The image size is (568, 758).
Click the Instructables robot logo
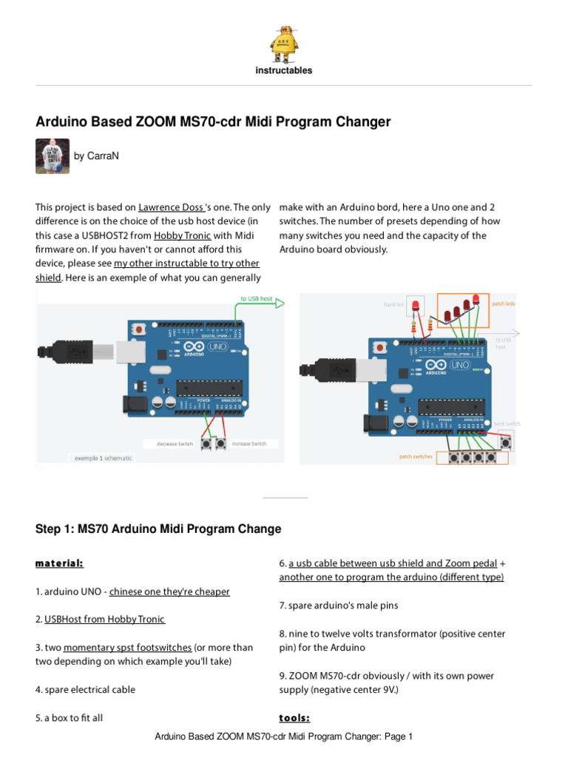pos(284,43)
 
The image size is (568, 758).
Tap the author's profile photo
pos(53,156)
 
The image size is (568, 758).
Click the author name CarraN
pos(96,156)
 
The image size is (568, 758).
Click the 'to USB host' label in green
pos(256,299)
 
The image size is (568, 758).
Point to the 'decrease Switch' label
pos(175,443)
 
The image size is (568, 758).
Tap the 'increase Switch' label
pos(249,443)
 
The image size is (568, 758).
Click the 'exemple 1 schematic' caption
pos(104,458)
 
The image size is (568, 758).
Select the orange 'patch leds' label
pos(503,304)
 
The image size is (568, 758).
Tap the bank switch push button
pos(506,442)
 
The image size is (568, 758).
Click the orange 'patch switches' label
pos(416,457)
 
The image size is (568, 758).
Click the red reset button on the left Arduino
pos(140,327)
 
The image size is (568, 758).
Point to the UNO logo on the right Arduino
pos(460,364)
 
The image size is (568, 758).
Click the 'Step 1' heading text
pos(158,529)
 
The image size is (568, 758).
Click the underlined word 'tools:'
pos(294,718)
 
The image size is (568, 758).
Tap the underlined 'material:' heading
pos(59,563)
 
